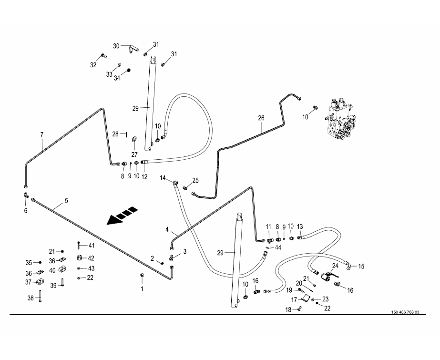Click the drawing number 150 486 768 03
pos(406,312)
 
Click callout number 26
pos(261,118)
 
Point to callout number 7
pos(41,135)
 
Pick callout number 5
pos(66,201)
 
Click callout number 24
pos(335,266)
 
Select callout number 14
pos(163,178)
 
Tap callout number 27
pos(134,154)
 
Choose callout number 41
pos(91,246)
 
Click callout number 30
pos(116,46)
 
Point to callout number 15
pos(361,266)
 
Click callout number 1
pos(142,288)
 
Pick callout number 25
pos(195,180)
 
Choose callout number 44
pos(278,247)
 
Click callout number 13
pos(300,226)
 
